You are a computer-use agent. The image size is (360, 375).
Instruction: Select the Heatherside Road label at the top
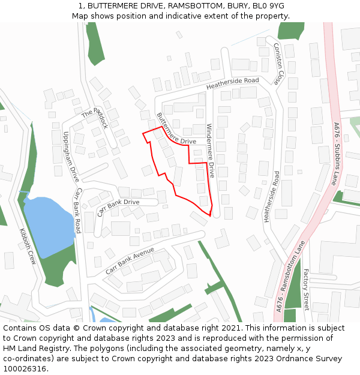point(232,83)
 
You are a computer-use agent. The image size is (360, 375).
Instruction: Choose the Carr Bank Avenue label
point(130,261)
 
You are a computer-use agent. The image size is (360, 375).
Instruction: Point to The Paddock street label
point(96,118)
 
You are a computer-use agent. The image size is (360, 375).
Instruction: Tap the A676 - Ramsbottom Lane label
point(291,275)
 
